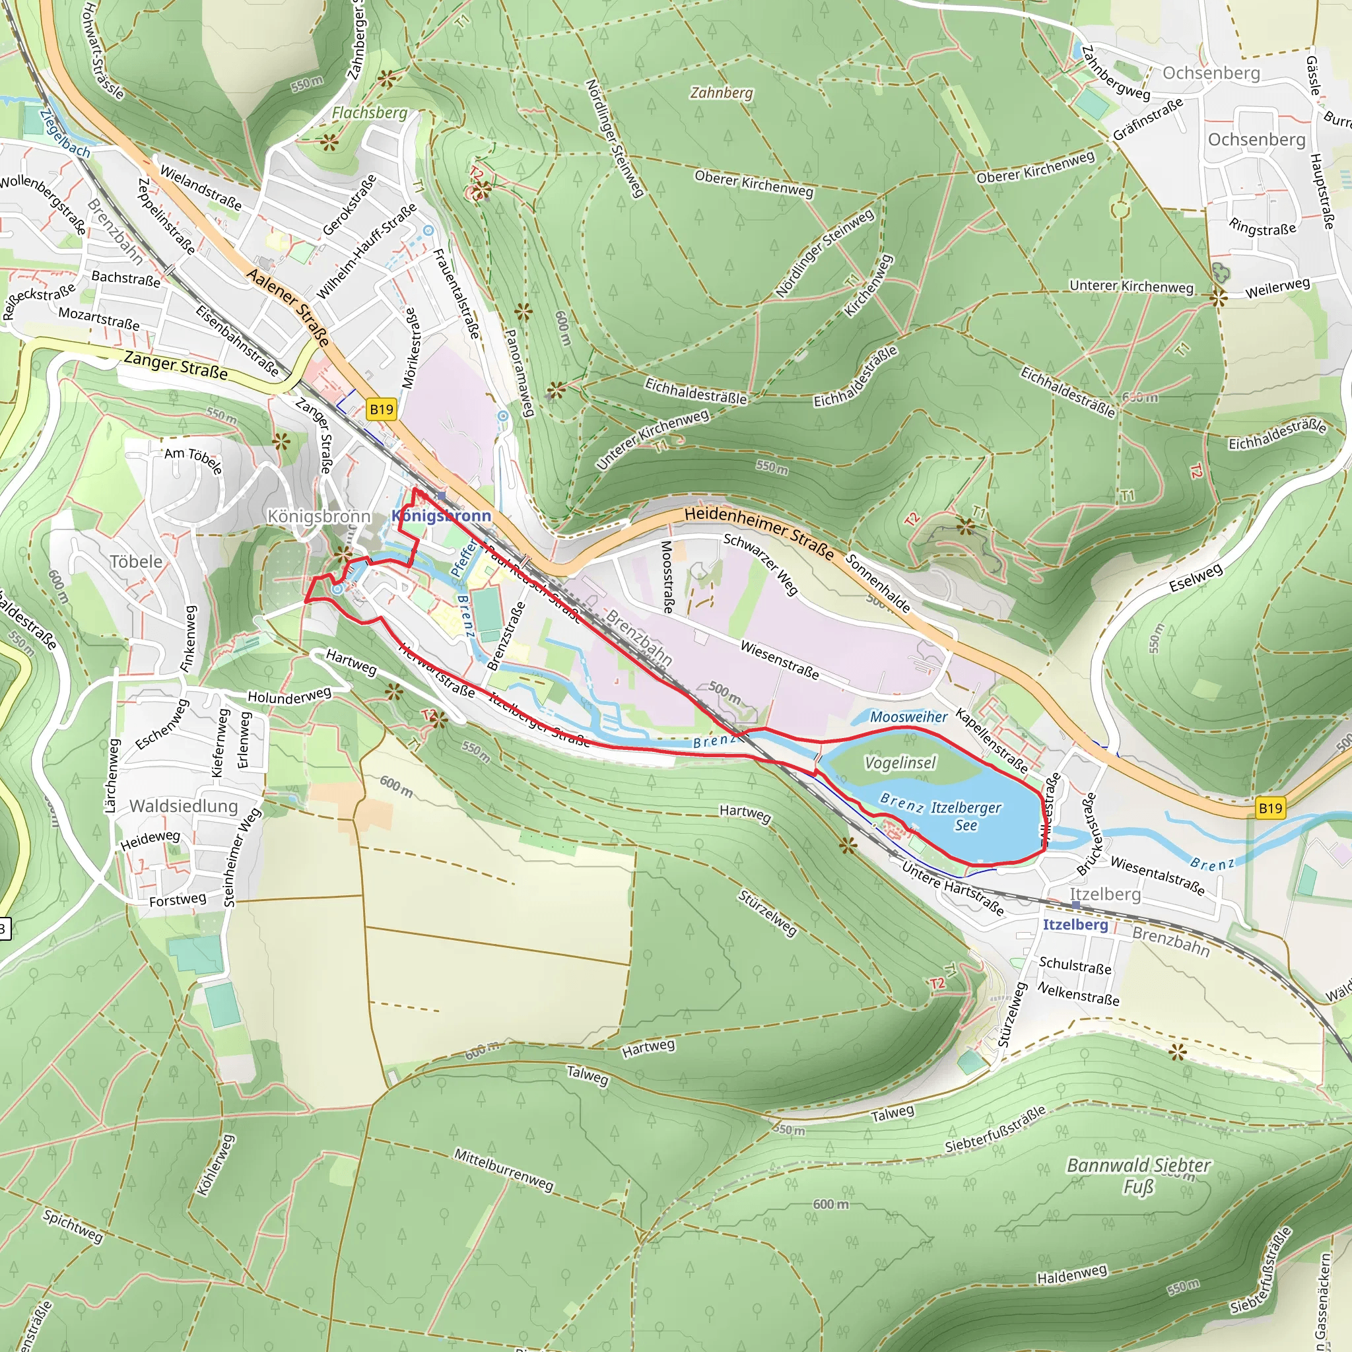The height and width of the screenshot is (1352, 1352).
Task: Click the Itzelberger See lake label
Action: click(965, 816)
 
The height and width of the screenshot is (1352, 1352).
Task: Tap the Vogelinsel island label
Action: click(900, 762)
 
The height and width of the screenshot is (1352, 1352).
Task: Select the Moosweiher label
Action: click(908, 716)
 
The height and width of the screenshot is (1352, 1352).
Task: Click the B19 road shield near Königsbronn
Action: click(382, 409)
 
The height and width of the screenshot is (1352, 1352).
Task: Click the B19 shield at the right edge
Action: click(1270, 808)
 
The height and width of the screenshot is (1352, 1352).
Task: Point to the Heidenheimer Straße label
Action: click(759, 533)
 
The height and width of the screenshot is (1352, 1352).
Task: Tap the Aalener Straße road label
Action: click(288, 306)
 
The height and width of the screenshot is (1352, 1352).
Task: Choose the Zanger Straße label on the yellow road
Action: click(176, 365)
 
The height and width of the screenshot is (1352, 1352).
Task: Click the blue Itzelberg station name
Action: click(1075, 924)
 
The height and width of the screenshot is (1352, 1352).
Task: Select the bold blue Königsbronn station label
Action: click(441, 516)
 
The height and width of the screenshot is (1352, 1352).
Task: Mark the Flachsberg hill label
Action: click(369, 113)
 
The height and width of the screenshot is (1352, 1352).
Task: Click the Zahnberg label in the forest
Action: click(722, 92)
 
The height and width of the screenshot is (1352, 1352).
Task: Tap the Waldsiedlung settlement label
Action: click(184, 805)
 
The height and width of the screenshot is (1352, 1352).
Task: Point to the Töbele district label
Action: click(136, 561)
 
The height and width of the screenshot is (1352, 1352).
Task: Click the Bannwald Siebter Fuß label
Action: click(1138, 1176)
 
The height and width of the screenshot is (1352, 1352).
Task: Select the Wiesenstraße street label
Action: click(780, 660)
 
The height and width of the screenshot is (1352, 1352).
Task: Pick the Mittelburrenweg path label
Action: click(504, 1169)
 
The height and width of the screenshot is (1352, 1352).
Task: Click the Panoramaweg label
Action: click(520, 373)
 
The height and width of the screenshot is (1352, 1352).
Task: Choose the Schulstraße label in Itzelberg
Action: click(1075, 965)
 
